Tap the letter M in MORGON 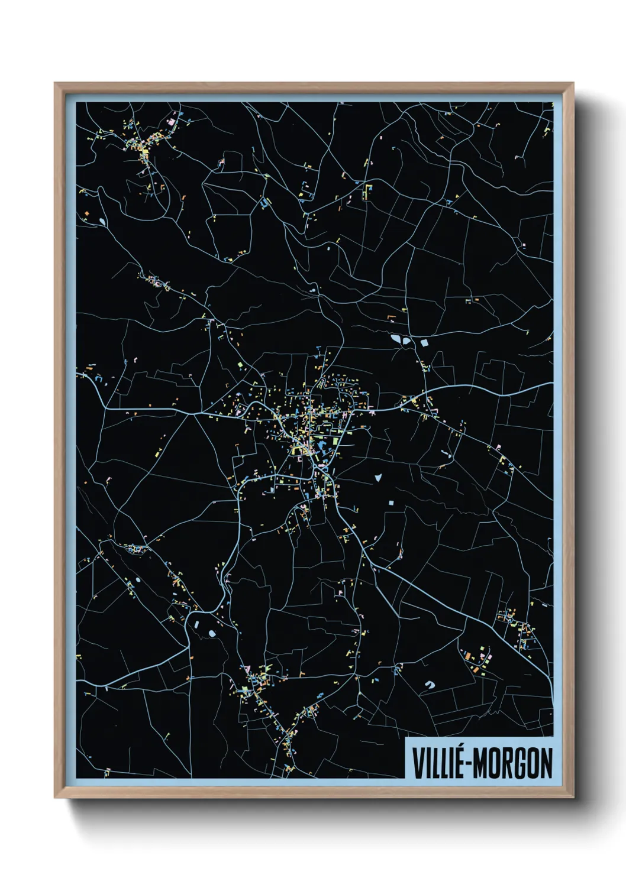[x=480, y=763]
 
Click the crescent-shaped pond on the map [x=430, y=685]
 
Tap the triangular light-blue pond [x=377, y=477]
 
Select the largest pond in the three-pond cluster [x=395, y=339]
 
